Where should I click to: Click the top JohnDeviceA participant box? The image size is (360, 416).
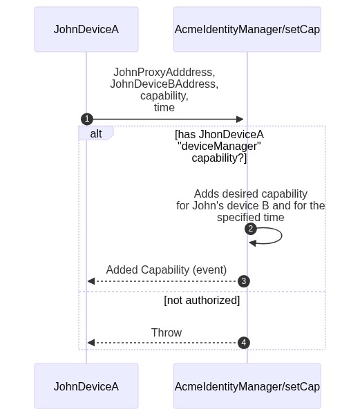(x=86, y=29)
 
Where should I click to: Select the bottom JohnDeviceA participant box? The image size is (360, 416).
(x=86, y=386)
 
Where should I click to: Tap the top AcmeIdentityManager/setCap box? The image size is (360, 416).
(x=247, y=29)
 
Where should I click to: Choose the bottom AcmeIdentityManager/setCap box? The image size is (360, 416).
(x=247, y=386)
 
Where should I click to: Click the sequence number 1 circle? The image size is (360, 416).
(x=87, y=119)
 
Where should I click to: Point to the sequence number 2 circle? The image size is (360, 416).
(x=251, y=229)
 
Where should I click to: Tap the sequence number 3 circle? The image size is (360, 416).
(x=244, y=281)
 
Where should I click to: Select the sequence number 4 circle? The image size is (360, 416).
(x=244, y=343)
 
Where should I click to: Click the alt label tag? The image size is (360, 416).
(x=96, y=133)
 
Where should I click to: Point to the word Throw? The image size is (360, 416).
(x=167, y=332)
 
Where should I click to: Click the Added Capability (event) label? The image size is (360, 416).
(x=167, y=270)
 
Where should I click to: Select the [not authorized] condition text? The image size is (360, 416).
(x=202, y=301)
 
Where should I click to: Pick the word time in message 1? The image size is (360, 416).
(x=164, y=107)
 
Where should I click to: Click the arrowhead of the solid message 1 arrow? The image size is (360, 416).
(x=240, y=119)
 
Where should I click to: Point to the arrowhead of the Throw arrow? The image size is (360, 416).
(x=91, y=343)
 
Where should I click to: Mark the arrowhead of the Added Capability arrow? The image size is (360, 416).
(x=91, y=281)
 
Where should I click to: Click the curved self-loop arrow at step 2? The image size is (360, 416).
(x=281, y=236)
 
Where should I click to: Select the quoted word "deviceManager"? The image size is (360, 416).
(x=219, y=146)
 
